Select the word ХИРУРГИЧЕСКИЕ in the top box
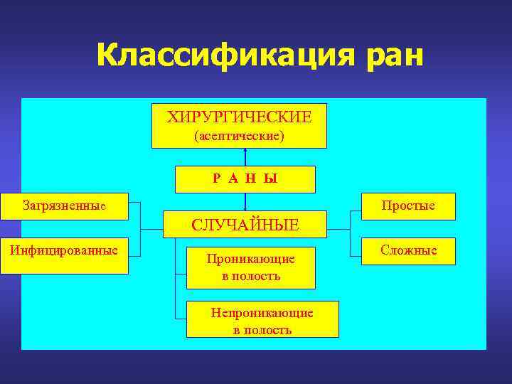tap(239, 117)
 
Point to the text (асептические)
tap(239, 135)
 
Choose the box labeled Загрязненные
tap(64, 207)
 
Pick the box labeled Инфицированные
tap(64, 255)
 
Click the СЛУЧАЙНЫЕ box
tap(245, 225)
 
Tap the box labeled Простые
tap(408, 206)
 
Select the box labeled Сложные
tap(408, 250)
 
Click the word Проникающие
tap(250, 260)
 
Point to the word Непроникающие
tap(262, 312)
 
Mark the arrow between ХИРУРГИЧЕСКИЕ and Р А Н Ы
tap(245, 157)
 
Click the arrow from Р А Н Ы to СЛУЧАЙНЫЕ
tap(245, 202)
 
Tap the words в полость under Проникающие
tap(250, 276)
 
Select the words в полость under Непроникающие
tap(262, 330)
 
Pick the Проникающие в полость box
tap(250, 267)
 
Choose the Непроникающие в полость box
tap(262, 319)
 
